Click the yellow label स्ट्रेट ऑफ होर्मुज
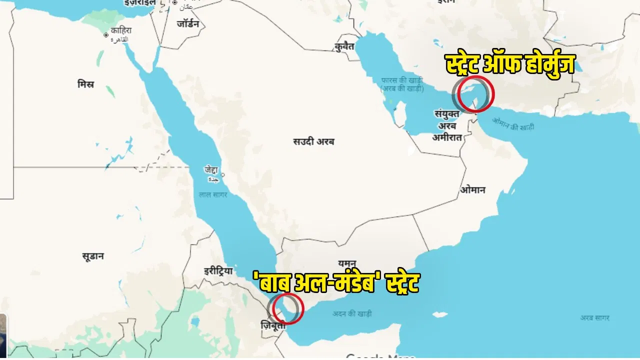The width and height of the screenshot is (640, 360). click(x=510, y=64)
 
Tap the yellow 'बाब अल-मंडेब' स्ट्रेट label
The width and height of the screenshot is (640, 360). click(x=336, y=283)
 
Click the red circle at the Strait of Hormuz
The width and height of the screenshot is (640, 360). click(x=476, y=94)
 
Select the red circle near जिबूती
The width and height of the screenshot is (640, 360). click(x=287, y=308)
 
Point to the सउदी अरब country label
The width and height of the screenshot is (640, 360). click(x=313, y=141)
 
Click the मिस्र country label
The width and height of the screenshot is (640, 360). click(x=85, y=84)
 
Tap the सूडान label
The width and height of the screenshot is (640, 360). click(x=93, y=256)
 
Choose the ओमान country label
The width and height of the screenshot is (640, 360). click(x=473, y=190)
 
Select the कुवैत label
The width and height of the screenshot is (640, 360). click(x=345, y=46)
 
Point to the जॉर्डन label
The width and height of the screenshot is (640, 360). click(x=188, y=24)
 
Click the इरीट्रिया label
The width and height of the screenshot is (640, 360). click(x=218, y=271)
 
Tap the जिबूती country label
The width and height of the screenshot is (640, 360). click(x=273, y=325)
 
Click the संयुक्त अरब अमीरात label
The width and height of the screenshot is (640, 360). click(x=447, y=125)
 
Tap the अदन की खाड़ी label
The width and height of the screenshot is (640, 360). click(x=352, y=313)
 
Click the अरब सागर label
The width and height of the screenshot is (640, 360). click(x=594, y=318)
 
